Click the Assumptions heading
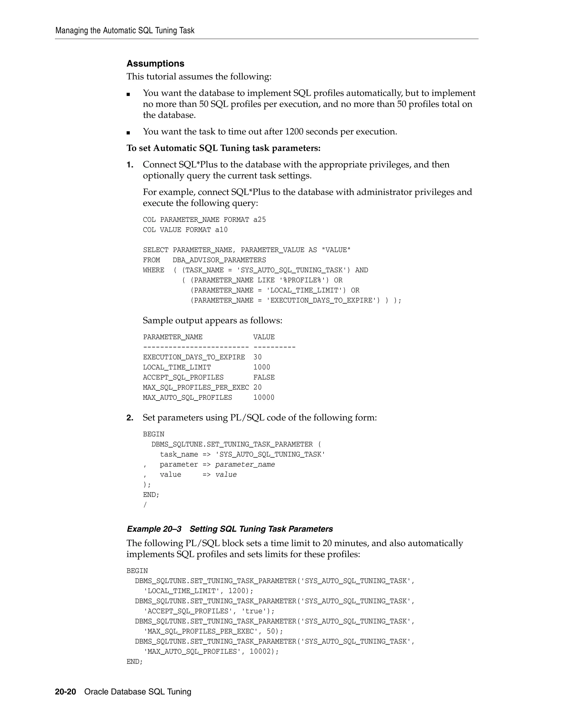(155, 64)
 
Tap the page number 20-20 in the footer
(65, 691)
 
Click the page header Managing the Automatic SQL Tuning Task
(125, 31)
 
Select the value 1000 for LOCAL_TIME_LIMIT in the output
(262, 367)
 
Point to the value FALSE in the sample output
(264, 377)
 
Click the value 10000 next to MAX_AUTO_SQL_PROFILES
(264, 397)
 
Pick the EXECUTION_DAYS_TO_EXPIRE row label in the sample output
(194, 357)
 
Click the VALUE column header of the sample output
(264, 337)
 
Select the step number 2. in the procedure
(130, 418)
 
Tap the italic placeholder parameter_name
(245, 464)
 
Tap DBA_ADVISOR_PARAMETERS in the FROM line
(219, 260)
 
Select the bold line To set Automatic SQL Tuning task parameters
(223, 148)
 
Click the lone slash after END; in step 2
(145, 505)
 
